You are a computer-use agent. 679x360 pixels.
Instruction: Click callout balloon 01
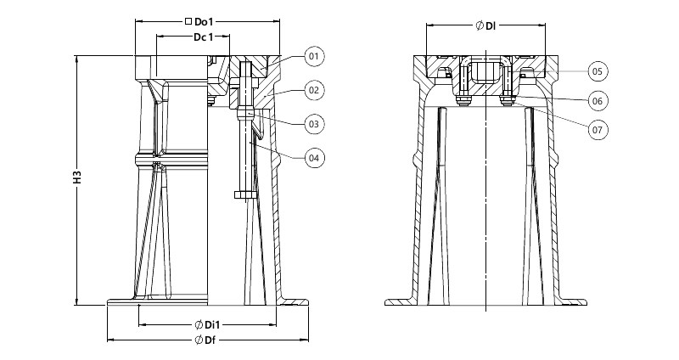(314, 56)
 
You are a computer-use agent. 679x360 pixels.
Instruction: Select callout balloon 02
(314, 91)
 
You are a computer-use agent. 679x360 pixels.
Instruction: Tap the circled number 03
(314, 124)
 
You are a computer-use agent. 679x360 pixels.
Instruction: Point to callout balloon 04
(314, 158)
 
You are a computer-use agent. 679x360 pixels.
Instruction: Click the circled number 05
(598, 71)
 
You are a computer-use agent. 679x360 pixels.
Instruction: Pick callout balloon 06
(598, 101)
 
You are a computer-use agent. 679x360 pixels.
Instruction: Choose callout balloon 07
(598, 130)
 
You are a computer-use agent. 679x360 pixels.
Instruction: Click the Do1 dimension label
(204, 22)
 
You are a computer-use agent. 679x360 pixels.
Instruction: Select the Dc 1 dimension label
(203, 37)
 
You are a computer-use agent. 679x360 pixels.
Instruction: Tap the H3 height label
(77, 177)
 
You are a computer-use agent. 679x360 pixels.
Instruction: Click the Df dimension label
(210, 340)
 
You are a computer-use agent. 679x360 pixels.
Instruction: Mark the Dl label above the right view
(491, 26)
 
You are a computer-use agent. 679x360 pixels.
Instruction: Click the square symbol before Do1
(188, 21)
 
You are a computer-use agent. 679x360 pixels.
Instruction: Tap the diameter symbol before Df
(199, 340)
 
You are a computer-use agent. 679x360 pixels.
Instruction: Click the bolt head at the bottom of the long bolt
(245, 195)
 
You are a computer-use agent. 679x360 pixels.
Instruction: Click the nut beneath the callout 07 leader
(508, 102)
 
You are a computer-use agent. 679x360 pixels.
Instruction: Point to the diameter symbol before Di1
(199, 324)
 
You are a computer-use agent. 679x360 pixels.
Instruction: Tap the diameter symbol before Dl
(480, 26)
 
